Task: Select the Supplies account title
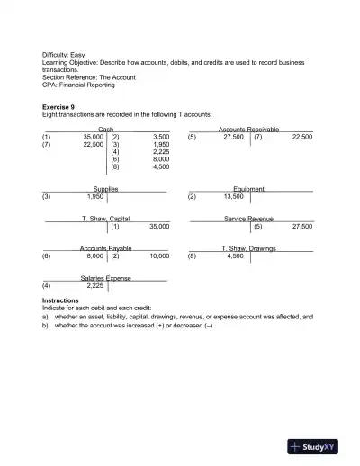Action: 105,189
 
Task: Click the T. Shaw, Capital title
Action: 105,219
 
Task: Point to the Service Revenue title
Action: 248,219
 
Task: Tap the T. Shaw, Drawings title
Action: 248,248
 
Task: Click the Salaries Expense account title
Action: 105,278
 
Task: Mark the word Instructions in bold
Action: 61,300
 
